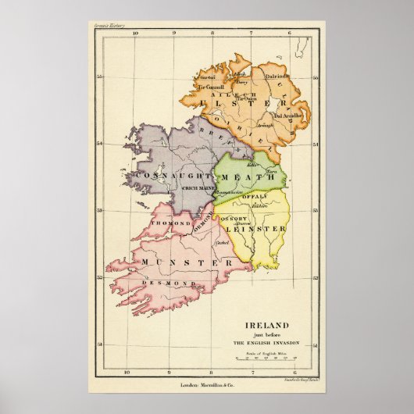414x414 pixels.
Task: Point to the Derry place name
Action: pyautogui.click(x=243, y=82)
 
